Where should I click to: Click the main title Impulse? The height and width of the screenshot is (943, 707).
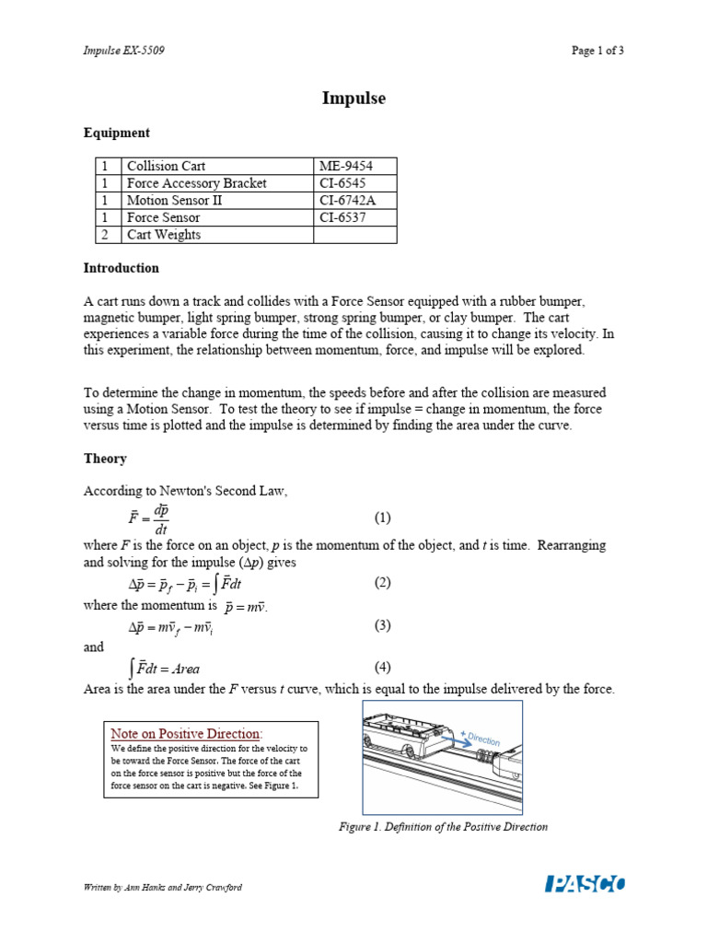[353, 98]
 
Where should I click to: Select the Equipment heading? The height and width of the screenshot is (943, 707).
[116, 133]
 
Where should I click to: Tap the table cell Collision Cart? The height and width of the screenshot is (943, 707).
[166, 167]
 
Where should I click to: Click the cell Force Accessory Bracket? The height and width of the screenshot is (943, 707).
[196, 183]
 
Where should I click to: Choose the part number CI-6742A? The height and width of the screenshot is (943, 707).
[350, 201]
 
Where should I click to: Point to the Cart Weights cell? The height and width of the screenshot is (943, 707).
[163, 235]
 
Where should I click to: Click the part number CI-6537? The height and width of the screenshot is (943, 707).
[344, 218]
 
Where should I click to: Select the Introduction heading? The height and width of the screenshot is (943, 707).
[121, 268]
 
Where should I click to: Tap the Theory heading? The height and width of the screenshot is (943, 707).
[105, 459]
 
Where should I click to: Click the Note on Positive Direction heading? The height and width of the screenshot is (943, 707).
[186, 734]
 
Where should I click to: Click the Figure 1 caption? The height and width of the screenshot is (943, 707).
[443, 827]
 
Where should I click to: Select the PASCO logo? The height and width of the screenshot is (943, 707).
[585, 885]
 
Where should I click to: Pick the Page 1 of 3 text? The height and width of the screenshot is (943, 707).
[597, 51]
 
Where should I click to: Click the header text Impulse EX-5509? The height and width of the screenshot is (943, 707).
[124, 51]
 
